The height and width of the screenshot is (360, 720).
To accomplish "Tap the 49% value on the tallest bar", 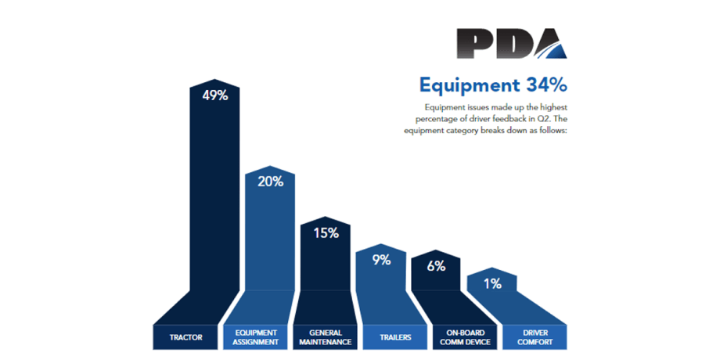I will coord(214,95).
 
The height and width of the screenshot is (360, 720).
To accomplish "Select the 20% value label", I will coord(270,182).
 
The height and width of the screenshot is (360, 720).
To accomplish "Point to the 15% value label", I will coord(326,232).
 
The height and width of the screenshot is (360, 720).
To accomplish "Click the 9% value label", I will coord(381,260).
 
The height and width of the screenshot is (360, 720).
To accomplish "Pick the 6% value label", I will coord(436,266).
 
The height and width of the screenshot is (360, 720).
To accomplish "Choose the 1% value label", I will coord(492,284).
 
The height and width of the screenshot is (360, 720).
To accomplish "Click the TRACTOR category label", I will coord(186,337).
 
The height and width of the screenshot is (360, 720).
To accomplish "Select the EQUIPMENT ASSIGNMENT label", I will coord(255,337).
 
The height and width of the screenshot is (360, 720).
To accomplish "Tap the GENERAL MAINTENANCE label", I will coord(326,337).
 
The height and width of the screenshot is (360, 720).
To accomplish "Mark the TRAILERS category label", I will coord(394,337).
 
